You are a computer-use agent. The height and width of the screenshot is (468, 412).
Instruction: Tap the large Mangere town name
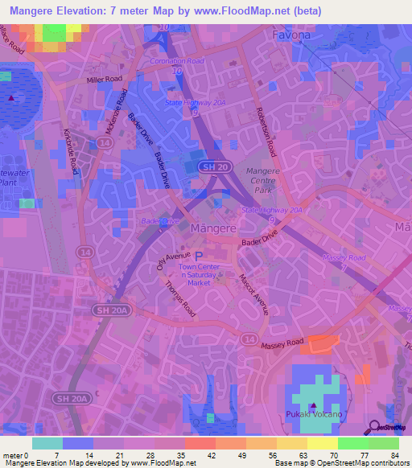[x=214, y=228]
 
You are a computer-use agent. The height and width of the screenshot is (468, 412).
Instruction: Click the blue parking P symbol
[x=199, y=257]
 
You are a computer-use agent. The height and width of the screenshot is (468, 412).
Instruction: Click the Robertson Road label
[x=266, y=133]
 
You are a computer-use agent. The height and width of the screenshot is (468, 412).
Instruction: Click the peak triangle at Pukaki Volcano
[x=312, y=404]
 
